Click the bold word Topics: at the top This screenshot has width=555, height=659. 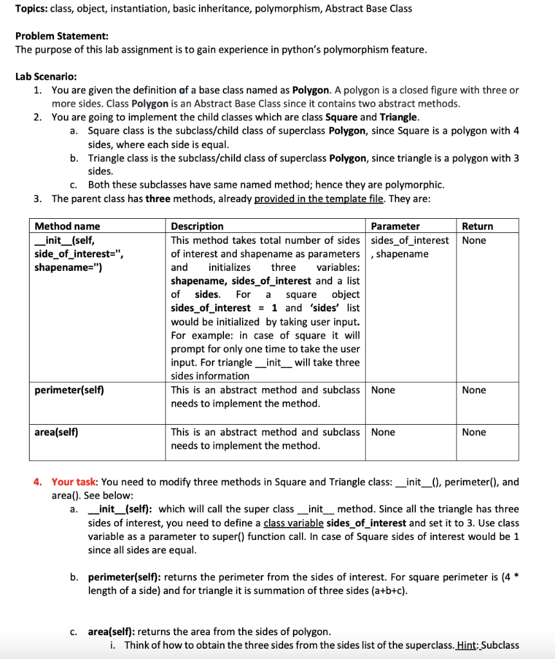32,8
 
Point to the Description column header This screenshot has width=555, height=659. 197,226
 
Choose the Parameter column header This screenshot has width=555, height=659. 395,226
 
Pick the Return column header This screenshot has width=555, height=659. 477,226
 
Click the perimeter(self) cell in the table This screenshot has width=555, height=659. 69,390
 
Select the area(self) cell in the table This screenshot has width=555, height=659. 56,432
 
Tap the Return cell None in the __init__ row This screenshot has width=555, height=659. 474,240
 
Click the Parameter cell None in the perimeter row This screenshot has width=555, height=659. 383,390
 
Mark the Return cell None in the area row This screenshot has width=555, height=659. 474,432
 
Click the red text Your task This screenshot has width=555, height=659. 74,481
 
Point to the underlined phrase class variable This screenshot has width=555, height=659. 294,522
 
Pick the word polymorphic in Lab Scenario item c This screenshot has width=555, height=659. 417,185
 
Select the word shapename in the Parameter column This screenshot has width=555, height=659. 402,254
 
